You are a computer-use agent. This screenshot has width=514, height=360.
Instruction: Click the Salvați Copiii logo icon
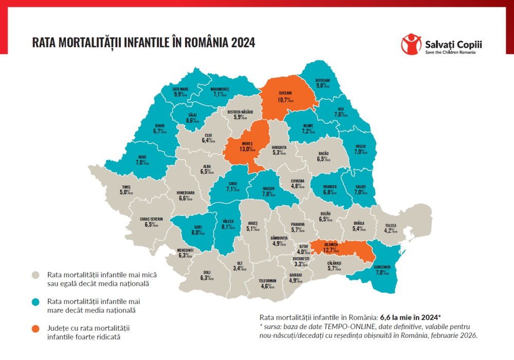pos(411,44)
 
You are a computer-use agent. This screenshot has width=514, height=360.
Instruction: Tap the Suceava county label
pos(285,93)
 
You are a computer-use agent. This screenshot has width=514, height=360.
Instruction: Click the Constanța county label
pos(382,266)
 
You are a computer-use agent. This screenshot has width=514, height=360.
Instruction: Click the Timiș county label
pos(126,186)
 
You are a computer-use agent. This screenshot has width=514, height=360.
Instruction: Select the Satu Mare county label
pos(180,88)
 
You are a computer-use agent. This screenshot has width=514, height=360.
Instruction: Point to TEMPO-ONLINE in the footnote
pos(342,327)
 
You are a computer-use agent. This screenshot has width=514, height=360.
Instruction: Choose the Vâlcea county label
pos(228,220)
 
